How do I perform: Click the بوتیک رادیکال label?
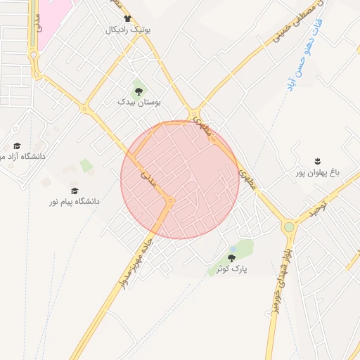click(x=129, y=30)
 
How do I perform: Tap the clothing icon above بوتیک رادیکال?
click(x=127, y=19)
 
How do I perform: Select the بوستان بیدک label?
click(x=139, y=102)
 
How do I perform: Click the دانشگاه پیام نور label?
click(x=74, y=202)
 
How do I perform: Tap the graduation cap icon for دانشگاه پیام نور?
click(x=75, y=191)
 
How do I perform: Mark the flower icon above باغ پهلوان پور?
click(x=317, y=161)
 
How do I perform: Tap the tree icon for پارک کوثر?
click(x=231, y=258)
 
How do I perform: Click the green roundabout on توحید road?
click(x=289, y=227)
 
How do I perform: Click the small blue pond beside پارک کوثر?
click(x=233, y=249)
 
